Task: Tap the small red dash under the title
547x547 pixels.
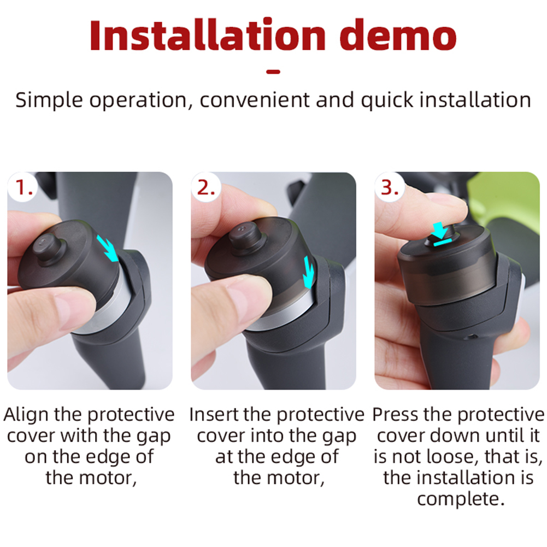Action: coord(273,72)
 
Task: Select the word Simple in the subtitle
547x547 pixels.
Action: coord(49,101)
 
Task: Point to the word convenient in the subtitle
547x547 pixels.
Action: coord(254,100)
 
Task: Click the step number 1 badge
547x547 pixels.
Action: coord(23,187)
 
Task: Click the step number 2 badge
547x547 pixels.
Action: coord(206,187)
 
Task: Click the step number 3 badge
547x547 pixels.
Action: coord(390,187)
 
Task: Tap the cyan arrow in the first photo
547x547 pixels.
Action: coord(107,248)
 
